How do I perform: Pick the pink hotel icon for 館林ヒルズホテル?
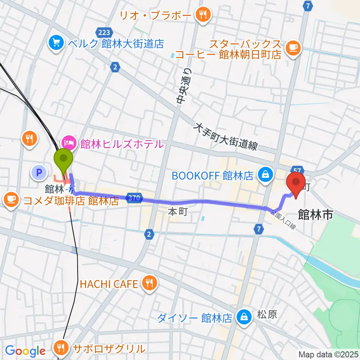[x=68, y=143]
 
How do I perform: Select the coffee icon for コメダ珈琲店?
[x=12, y=199]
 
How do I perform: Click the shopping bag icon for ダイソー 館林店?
[x=244, y=318]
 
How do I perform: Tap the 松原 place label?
[x=267, y=314]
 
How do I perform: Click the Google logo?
[x=25, y=351]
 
